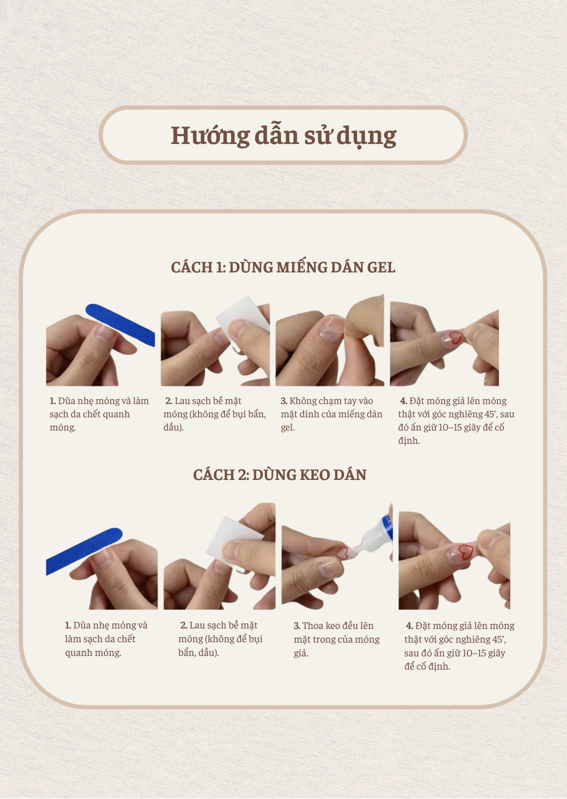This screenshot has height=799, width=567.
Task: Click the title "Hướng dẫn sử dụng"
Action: pos(283,136)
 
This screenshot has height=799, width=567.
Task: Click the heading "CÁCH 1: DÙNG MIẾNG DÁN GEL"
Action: pos(283,267)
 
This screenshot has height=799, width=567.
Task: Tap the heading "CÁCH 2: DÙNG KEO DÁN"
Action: pos(279,475)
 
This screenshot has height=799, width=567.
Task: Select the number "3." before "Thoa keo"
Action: pos(297,626)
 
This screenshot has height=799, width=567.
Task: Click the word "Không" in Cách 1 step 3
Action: pos(303,401)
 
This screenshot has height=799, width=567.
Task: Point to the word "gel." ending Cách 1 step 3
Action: pos(288,428)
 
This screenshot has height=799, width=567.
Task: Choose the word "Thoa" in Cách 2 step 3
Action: pos(313,626)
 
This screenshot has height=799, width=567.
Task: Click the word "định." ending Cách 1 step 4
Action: pos(409,441)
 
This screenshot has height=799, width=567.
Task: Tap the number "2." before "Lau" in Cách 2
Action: pos(184,625)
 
